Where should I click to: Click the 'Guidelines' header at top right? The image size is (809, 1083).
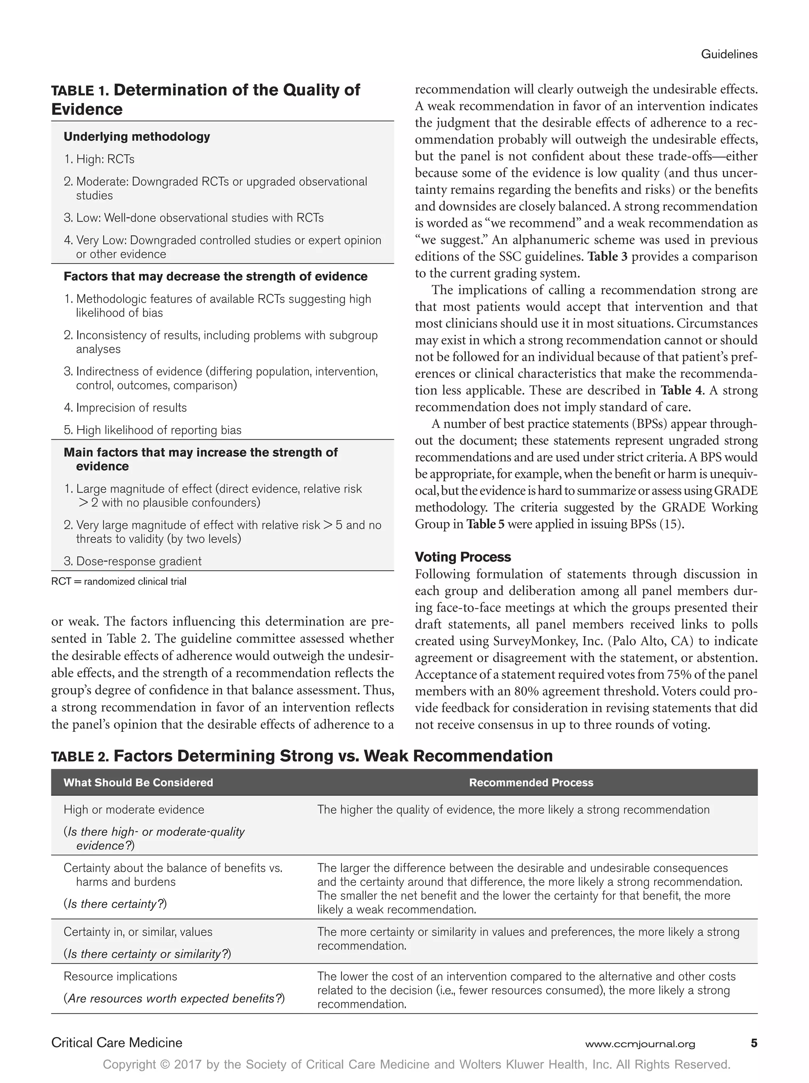pyautogui.click(x=729, y=55)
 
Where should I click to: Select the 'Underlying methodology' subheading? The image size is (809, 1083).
pyautogui.click(x=137, y=137)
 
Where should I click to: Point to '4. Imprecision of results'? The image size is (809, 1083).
pyautogui.click(x=125, y=407)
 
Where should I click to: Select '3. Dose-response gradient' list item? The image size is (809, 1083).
pyautogui.click(x=133, y=561)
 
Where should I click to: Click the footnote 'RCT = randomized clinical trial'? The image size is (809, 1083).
pyautogui.click(x=119, y=582)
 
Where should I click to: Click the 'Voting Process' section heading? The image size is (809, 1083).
pyautogui.click(x=463, y=557)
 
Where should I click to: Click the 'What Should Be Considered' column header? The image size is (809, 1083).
pyautogui.click(x=138, y=782)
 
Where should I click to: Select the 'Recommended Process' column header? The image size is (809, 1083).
pyautogui.click(x=531, y=782)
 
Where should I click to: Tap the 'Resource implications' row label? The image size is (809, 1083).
pyautogui.click(x=120, y=976)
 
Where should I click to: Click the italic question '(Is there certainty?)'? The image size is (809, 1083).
pyautogui.click(x=115, y=904)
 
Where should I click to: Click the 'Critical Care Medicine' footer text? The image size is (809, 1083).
pyautogui.click(x=117, y=1043)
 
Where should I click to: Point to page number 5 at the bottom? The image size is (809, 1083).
pyautogui.click(x=754, y=1043)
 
